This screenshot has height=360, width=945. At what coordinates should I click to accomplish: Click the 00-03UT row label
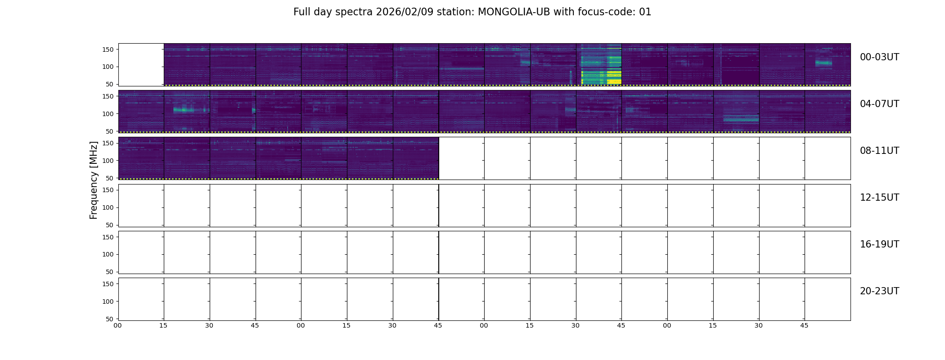(x=879, y=57)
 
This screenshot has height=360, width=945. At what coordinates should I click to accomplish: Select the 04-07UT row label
(x=879, y=104)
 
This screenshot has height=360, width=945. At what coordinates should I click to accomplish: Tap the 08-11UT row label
(x=879, y=151)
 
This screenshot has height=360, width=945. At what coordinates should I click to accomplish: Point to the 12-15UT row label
(x=879, y=198)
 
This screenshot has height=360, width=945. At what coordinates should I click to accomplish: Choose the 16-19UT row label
(x=879, y=244)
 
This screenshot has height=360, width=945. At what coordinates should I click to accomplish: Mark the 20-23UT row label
(x=879, y=291)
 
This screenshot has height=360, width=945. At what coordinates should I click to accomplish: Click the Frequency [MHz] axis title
(x=94, y=180)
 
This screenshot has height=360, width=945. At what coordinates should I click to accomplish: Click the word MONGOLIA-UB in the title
(x=514, y=12)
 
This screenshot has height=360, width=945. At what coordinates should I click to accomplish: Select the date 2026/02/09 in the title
(x=405, y=12)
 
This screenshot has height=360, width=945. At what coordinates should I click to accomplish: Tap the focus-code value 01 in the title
(x=645, y=12)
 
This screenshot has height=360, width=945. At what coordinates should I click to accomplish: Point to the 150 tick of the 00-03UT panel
(x=108, y=49)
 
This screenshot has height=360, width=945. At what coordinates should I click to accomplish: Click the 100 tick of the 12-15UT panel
(x=108, y=207)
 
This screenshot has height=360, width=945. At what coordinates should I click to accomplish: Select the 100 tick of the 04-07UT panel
(x=108, y=114)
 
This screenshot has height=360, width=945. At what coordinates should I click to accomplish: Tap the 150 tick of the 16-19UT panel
(x=108, y=237)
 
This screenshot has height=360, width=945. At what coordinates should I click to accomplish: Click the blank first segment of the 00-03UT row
(x=141, y=64)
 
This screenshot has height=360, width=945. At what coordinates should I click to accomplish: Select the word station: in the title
(x=455, y=12)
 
